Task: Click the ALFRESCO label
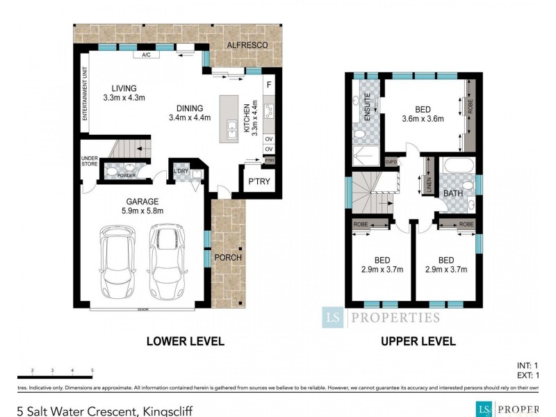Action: [248, 44]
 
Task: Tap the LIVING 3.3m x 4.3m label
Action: [124, 92]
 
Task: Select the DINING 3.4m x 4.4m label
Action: [189, 113]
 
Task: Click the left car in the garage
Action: [118, 260]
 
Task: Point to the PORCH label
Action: [228, 257]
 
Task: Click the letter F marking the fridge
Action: [268, 85]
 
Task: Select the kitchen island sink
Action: [231, 127]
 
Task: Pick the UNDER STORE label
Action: [90, 161]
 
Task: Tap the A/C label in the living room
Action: [146, 54]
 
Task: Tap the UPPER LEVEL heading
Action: [418, 341]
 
